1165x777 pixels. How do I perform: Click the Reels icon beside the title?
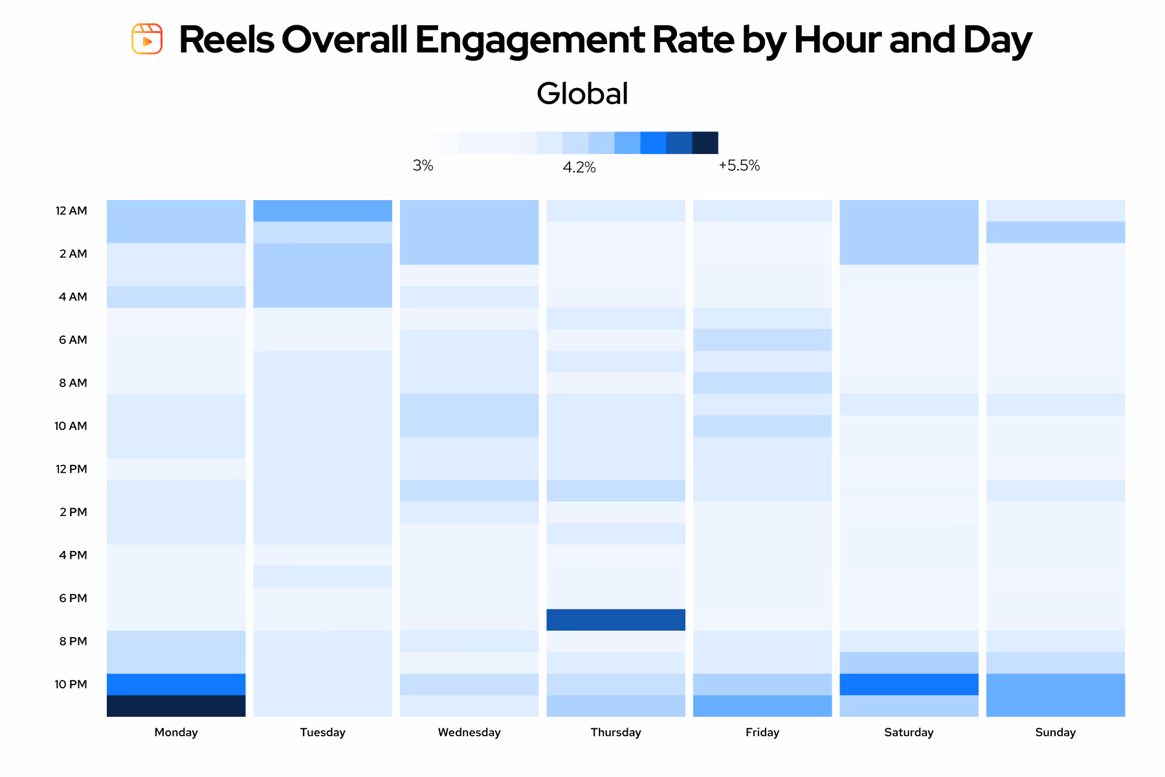(x=147, y=39)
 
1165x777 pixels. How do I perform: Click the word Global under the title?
(x=582, y=93)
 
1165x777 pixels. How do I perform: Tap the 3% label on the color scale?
(x=423, y=166)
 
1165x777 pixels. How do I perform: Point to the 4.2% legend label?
(x=579, y=168)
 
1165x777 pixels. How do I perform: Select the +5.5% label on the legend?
(x=739, y=166)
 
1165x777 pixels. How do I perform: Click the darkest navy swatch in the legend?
(x=705, y=142)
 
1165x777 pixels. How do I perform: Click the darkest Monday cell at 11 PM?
(x=176, y=706)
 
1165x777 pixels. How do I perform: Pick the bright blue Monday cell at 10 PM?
(x=176, y=684)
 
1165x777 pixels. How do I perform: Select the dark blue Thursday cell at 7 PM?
(x=616, y=620)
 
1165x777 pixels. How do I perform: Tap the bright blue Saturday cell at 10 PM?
(x=909, y=684)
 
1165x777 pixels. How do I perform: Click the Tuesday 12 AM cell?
(x=322, y=210)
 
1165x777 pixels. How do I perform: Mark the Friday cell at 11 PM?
(x=762, y=706)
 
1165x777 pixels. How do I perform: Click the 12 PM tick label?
(x=71, y=469)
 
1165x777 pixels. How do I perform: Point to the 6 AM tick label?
(x=72, y=340)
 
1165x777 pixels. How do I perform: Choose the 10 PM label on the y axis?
(x=71, y=684)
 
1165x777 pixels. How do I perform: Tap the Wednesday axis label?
(x=469, y=732)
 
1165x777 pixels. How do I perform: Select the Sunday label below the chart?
(x=1055, y=732)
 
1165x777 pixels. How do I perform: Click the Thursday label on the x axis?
(x=616, y=732)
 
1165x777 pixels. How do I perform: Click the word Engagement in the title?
(x=529, y=40)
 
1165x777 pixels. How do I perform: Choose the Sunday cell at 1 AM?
(x=1055, y=232)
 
